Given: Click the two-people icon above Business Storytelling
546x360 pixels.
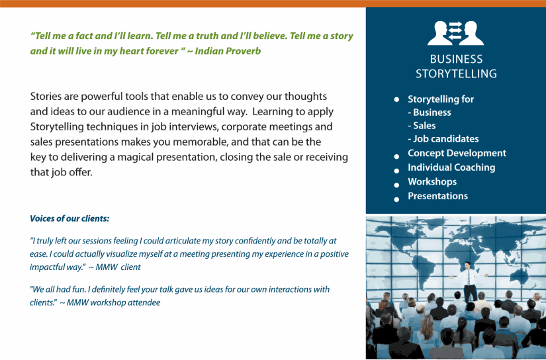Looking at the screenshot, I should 456,32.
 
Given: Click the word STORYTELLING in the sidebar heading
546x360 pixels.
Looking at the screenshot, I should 456,73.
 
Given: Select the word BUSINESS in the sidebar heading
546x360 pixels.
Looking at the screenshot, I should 456,59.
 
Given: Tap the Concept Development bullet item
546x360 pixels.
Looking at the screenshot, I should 457,154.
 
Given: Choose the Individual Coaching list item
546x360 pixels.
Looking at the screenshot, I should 451,167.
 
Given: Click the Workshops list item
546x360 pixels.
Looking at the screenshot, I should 432,181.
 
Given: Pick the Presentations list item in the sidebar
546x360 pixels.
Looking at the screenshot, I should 437,196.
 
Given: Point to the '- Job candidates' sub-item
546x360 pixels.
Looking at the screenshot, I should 443,139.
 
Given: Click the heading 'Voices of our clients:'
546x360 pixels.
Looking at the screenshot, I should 69,218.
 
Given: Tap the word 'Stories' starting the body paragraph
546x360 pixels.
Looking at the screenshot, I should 46,97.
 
